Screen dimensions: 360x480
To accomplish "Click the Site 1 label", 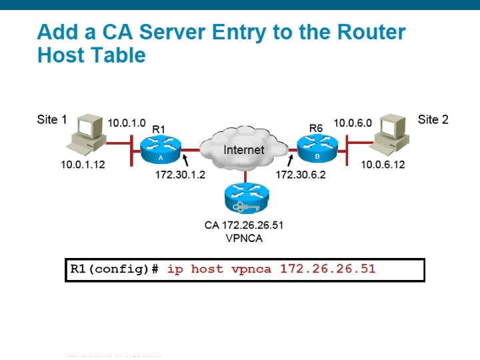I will (52, 120).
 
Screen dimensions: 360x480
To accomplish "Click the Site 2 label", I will (433, 120).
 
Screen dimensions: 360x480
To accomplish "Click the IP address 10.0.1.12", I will (83, 164).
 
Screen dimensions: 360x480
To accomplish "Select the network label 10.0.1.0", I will (127, 123).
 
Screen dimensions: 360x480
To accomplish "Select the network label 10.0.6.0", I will (353, 123).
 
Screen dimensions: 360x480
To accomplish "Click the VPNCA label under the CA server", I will (244, 238).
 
